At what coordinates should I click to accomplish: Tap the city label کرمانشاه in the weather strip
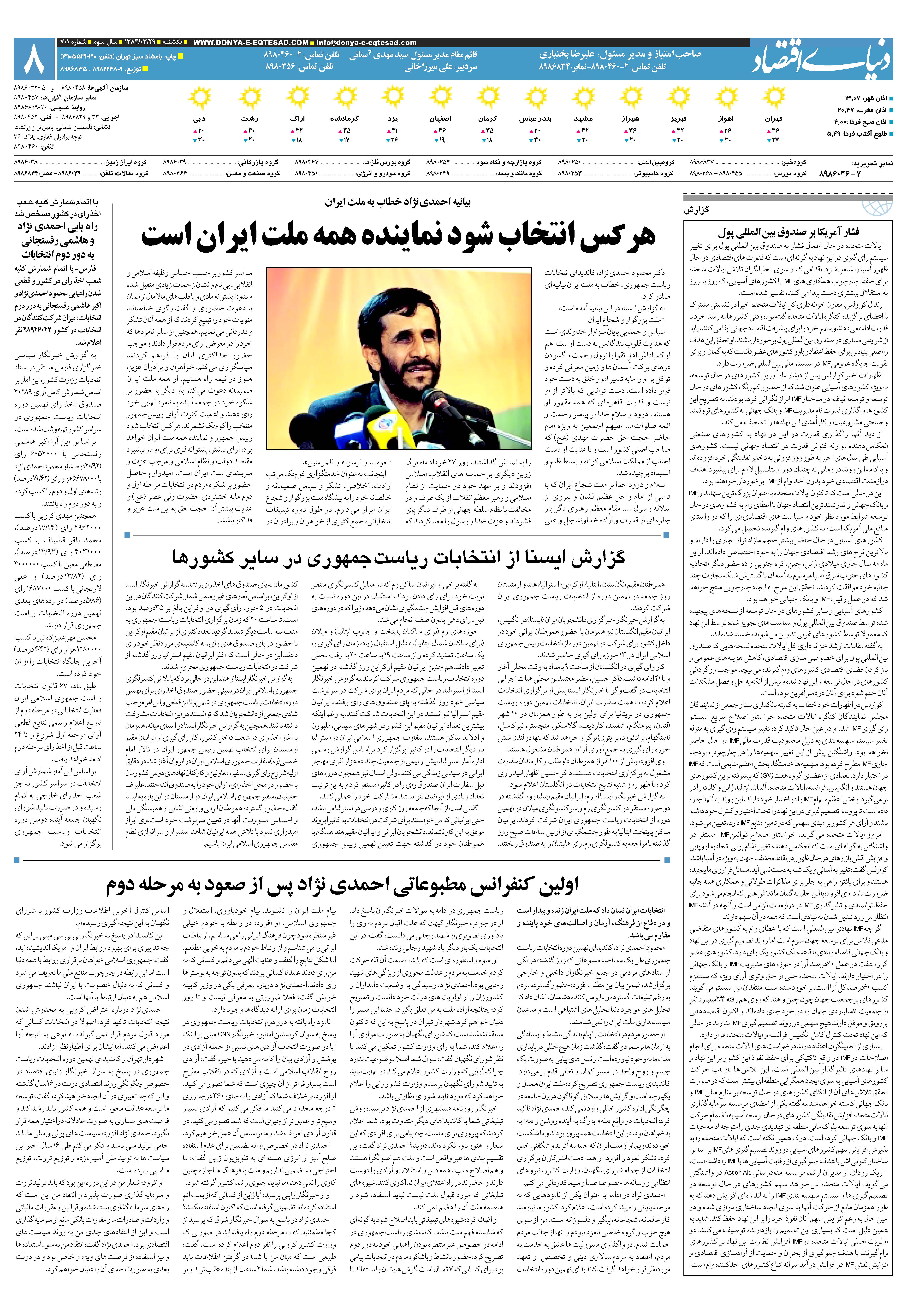pyautogui.click(x=344, y=119)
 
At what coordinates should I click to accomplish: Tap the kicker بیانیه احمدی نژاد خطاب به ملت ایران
pyautogui.click(x=398, y=202)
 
